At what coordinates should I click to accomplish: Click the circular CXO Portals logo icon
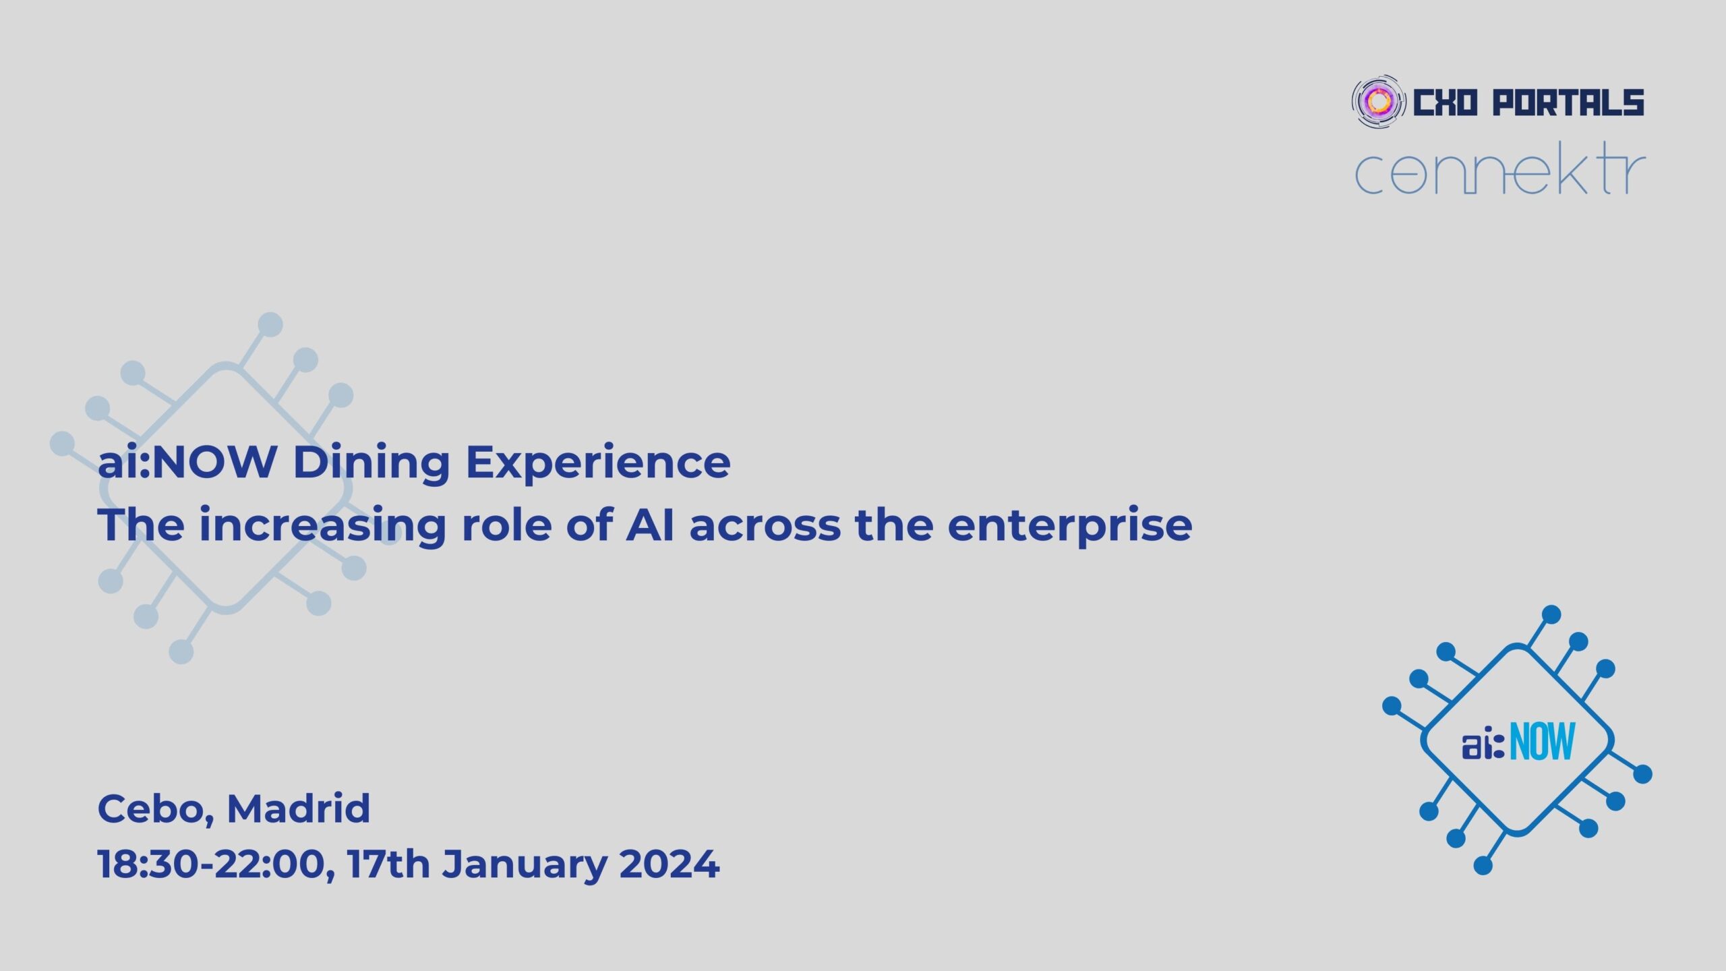point(1379,102)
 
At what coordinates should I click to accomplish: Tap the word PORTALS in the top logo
point(1568,103)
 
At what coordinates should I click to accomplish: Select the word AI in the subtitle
point(650,525)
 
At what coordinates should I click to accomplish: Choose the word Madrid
point(299,808)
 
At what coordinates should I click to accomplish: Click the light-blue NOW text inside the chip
point(1542,741)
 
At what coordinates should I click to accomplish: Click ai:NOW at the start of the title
point(187,463)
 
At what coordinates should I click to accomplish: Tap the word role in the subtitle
point(506,525)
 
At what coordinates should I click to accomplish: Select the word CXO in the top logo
point(1445,103)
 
